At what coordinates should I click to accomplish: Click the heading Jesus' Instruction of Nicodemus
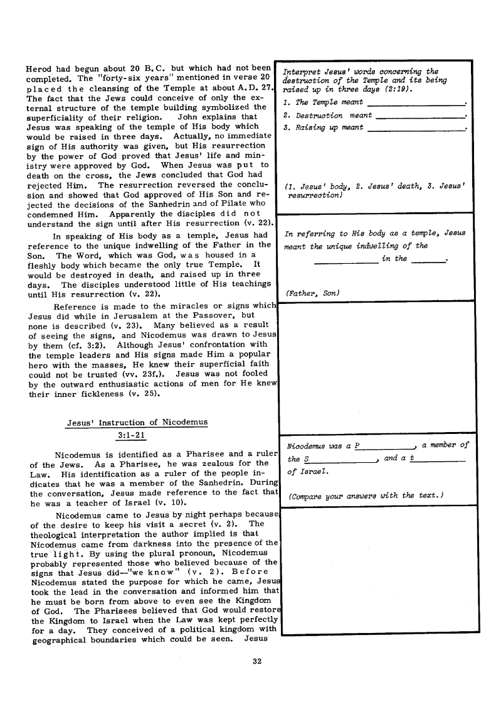tap(137, 422)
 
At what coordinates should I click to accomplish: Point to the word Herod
tap(39, 67)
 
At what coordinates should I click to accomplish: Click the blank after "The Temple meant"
tap(416, 102)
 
